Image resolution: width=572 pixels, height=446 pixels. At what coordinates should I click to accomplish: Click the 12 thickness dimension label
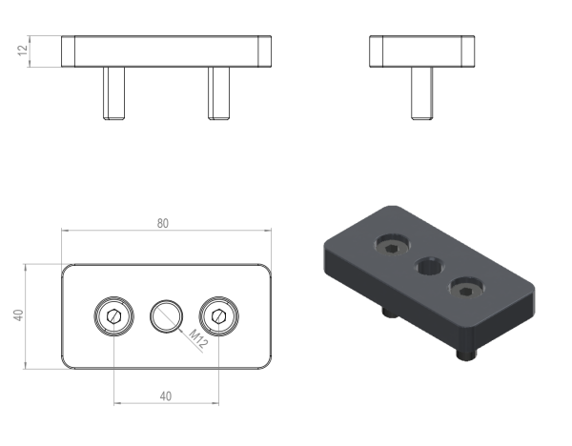pos(23,51)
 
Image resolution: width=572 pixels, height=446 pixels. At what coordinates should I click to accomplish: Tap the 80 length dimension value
pos(163,223)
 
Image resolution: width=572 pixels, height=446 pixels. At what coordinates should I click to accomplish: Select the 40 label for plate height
pos(18,315)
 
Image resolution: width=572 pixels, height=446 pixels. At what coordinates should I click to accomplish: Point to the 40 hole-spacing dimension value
pos(165,396)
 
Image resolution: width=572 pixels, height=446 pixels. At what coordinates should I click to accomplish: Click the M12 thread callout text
pos(198,339)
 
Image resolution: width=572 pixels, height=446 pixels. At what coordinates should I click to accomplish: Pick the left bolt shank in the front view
pos(113,93)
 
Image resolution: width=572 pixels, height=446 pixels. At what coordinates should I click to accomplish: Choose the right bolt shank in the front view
pos(219,93)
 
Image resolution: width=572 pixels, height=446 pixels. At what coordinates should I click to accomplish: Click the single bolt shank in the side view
pos(422,93)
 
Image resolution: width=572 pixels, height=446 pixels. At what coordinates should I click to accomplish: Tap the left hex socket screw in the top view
pos(113,315)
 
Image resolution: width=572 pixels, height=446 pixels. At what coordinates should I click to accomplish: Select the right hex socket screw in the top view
pos(219,315)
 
